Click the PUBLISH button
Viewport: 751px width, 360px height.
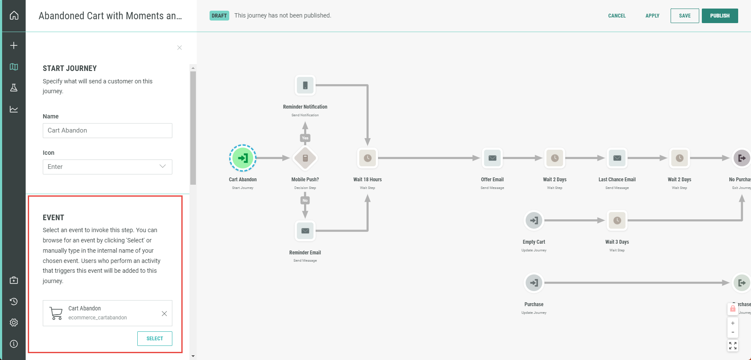coord(720,16)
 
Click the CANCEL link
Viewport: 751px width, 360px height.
coord(617,16)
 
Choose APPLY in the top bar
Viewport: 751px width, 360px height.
coord(652,16)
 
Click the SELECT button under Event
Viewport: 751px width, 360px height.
coord(155,339)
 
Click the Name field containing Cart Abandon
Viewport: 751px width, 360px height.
coord(107,130)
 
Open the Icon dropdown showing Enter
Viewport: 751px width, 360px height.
coord(107,167)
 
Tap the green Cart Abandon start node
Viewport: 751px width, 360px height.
coord(242,158)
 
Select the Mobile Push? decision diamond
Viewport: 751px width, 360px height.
coord(305,158)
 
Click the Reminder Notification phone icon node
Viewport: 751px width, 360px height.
coord(305,86)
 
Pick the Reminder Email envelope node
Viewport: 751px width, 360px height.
coord(305,231)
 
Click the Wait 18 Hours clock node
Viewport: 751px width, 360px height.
coord(367,158)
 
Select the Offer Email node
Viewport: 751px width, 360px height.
coord(492,158)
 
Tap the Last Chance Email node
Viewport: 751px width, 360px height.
coord(617,158)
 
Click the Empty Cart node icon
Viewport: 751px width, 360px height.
coord(534,221)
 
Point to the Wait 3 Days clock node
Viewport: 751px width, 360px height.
coord(617,221)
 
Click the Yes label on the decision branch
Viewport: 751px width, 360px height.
coord(305,138)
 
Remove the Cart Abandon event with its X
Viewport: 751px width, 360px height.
coord(164,313)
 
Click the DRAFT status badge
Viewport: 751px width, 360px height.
coord(219,16)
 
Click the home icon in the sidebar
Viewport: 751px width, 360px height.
coord(14,15)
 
